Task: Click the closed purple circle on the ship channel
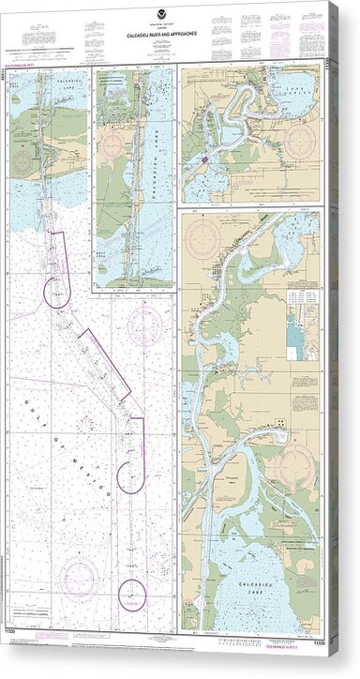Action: [x=133, y=593]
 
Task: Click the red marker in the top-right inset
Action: [x=203, y=160]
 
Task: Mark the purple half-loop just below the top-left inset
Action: [x=57, y=295]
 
